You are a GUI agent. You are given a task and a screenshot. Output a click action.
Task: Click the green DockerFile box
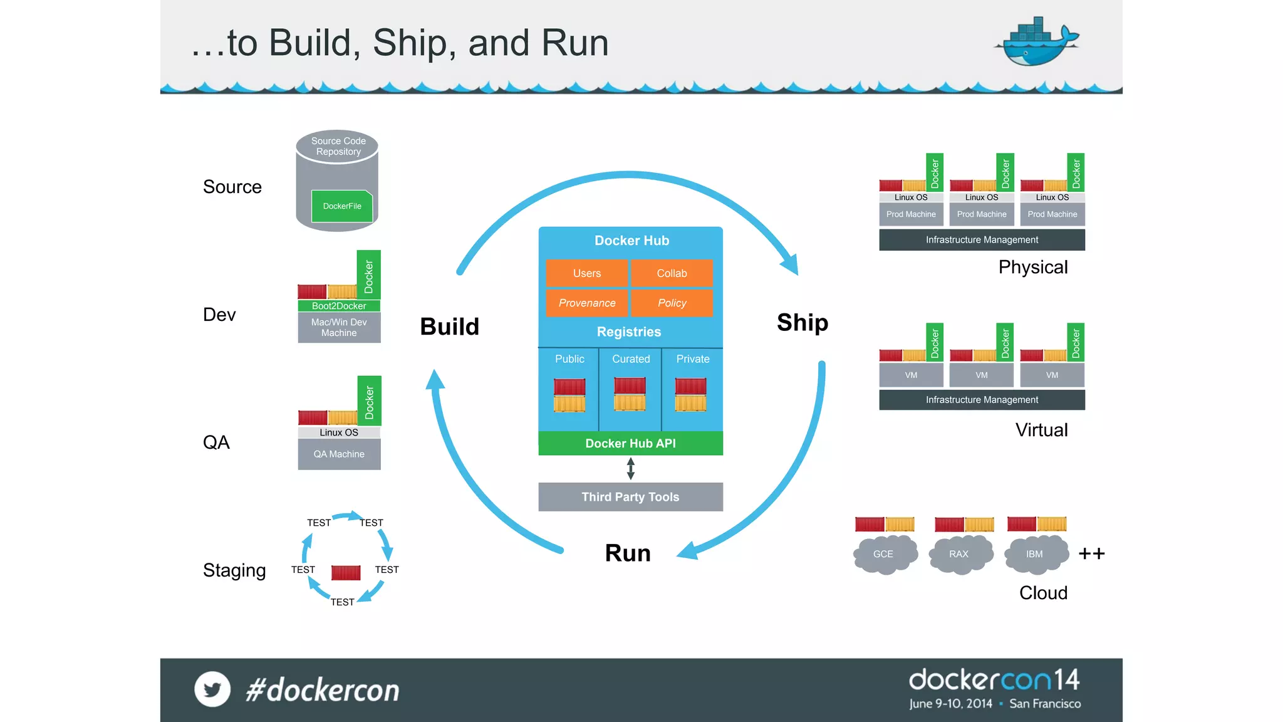coord(342,206)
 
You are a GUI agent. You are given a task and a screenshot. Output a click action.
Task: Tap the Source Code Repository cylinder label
coord(338,146)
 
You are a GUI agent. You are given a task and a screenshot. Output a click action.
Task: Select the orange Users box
coord(586,273)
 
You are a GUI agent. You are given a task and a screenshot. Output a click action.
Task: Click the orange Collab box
coord(672,273)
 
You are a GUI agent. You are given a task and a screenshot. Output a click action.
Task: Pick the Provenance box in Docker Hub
coord(586,303)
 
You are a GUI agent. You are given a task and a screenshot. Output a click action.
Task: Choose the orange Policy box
coord(672,303)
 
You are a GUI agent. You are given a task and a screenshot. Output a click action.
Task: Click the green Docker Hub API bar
coord(630,443)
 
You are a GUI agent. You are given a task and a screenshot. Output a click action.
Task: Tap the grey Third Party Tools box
coord(630,497)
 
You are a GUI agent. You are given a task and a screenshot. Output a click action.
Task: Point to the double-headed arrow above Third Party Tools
coord(631,468)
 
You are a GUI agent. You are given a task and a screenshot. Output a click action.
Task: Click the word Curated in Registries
coord(631,359)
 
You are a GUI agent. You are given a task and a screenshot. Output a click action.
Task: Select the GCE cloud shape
coord(884,554)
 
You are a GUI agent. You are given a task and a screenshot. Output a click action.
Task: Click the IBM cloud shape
coord(1035,554)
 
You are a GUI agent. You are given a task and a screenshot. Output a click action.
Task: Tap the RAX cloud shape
coord(959,554)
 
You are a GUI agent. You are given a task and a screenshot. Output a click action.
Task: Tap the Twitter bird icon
coord(212,689)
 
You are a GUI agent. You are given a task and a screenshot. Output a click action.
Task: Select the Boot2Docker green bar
coord(339,306)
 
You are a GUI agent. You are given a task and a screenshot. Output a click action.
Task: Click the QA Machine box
coord(339,454)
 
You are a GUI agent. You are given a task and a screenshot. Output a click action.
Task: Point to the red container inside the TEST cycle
coord(346,572)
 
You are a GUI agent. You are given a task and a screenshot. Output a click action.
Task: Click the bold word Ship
coord(803,322)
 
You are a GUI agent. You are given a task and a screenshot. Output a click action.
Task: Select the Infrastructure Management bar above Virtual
coord(982,400)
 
